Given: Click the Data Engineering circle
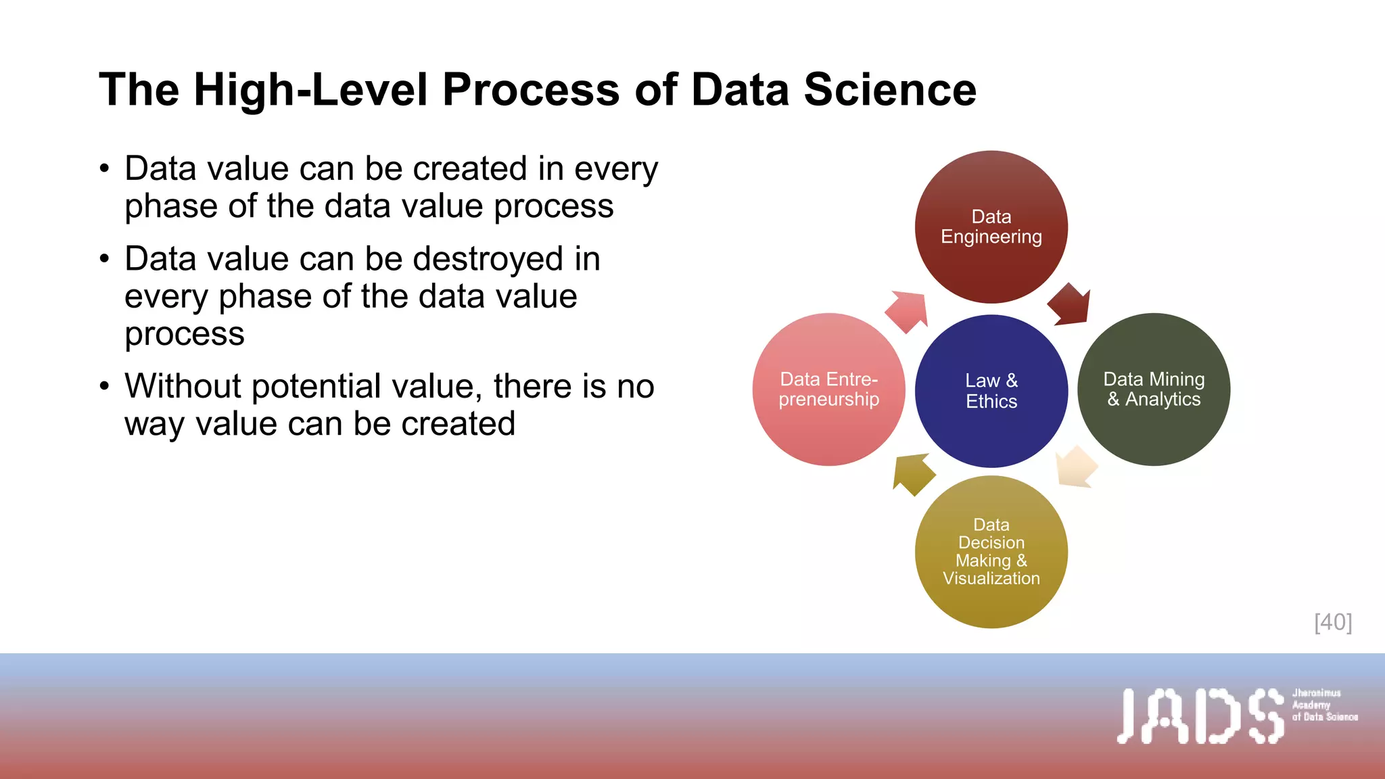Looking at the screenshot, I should [991, 227].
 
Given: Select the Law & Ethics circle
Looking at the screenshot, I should [991, 391].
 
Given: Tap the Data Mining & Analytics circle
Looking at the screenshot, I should [1154, 389].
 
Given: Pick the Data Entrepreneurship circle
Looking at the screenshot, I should [828, 389].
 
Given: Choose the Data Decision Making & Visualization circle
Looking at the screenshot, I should [991, 552].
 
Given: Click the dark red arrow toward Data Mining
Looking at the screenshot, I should [1071, 305].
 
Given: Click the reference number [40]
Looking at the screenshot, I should [1333, 622].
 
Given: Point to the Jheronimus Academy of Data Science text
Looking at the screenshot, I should [1324, 705].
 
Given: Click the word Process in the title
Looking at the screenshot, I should [530, 89].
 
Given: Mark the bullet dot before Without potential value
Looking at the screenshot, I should [104, 386].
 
